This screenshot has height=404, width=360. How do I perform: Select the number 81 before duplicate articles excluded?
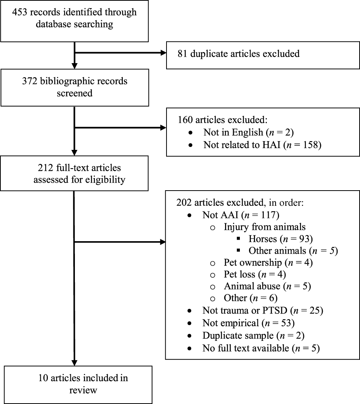click(x=182, y=54)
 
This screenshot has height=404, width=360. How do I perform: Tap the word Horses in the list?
click(x=261, y=239)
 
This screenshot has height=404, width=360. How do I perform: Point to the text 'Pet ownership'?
click(x=247, y=263)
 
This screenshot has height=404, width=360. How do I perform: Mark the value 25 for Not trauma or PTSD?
click(x=315, y=311)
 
